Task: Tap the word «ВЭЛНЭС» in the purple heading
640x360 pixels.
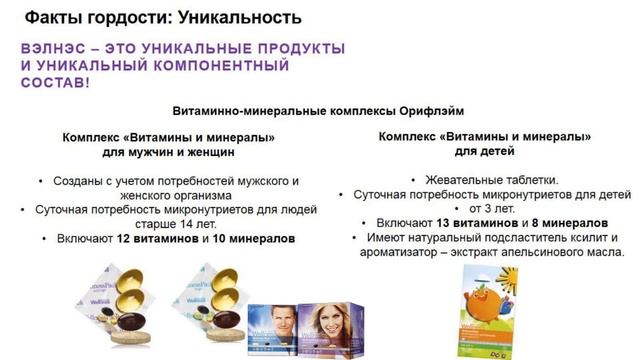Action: (x=56, y=48)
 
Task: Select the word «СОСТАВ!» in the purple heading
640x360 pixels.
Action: (x=55, y=84)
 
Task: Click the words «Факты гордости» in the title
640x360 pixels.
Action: (x=91, y=18)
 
